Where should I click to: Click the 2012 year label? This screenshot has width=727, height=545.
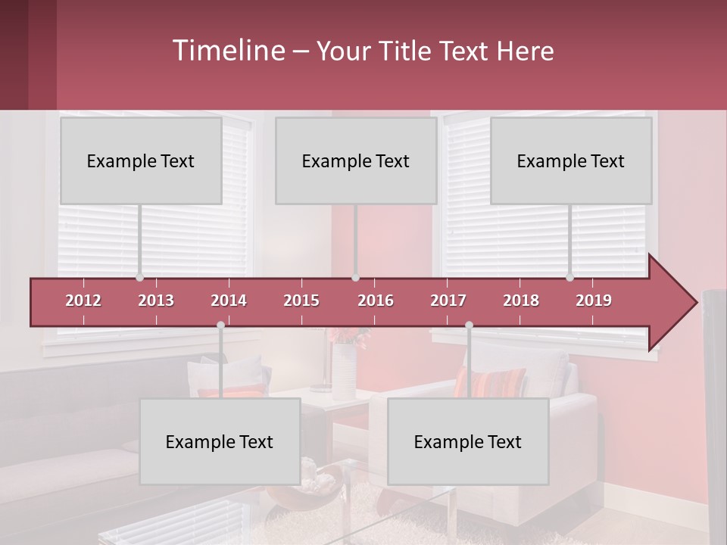[x=83, y=301]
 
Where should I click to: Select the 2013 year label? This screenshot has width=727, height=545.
[x=156, y=301]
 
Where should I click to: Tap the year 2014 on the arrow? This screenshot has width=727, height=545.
[x=229, y=301]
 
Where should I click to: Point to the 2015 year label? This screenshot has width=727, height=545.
[x=301, y=301]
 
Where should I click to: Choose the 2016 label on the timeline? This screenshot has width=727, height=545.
[x=376, y=301]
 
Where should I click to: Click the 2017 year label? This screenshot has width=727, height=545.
[x=448, y=301]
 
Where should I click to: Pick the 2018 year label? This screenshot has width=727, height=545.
[x=521, y=301]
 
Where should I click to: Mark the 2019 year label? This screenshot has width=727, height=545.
[x=594, y=301]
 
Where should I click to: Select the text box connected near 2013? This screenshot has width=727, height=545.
[x=141, y=160]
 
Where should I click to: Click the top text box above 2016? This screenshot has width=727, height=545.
[x=356, y=160]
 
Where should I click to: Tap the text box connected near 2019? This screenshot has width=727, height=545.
[x=571, y=160]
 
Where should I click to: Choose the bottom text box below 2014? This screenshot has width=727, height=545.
[x=220, y=441]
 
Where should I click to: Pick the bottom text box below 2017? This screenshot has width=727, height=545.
[x=468, y=441]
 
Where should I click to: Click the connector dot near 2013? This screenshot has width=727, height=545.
[x=139, y=278]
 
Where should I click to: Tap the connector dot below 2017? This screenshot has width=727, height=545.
[x=469, y=325]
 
